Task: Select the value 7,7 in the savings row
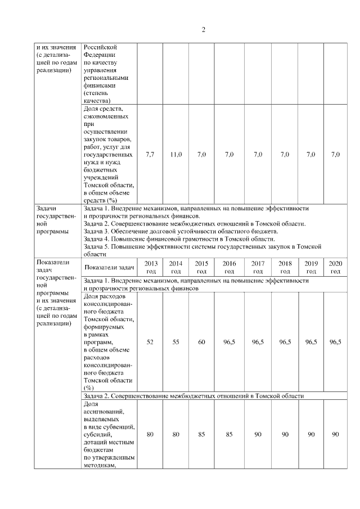(x=150, y=154)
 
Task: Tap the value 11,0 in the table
(x=176, y=154)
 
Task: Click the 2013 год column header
(x=150, y=267)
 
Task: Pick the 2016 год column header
(x=229, y=267)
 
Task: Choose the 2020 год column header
(x=335, y=267)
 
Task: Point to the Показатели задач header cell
(x=110, y=268)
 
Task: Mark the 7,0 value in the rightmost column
(x=335, y=154)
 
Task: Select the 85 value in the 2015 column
(x=201, y=434)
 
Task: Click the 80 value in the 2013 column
(x=150, y=434)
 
